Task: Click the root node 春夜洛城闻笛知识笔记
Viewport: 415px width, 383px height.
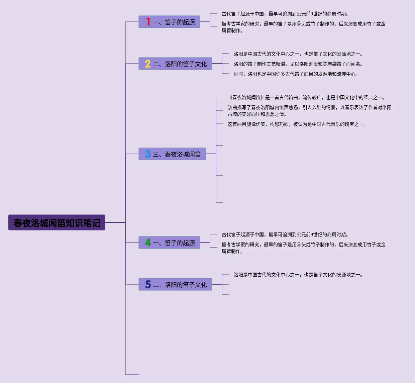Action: tap(57, 223)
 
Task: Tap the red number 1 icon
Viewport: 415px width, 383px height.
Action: tap(148, 22)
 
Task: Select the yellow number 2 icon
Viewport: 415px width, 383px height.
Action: tap(148, 64)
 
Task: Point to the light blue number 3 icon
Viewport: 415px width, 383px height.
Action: tap(148, 154)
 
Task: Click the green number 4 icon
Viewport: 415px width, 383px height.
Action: tap(148, 243)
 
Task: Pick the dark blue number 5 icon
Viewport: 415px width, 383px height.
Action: tap(148, 285)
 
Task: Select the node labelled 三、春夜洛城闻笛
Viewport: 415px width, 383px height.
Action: tap(177, 154)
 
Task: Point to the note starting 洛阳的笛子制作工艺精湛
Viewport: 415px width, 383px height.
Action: tap(298, 64)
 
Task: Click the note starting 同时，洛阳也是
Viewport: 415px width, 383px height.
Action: tap(296, 74)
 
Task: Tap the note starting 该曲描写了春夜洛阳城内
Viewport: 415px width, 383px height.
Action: tap(309, 111)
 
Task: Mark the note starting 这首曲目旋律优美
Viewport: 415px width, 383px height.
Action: tap(297, 124)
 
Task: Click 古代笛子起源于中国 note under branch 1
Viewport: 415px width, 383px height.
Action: tap(285, 14)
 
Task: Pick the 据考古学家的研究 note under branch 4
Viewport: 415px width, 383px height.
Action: tap(303, 248)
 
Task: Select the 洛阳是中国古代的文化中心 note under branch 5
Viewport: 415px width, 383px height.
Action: tap(298, 275)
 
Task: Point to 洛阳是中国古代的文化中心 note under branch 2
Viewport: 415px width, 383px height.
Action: tap(298, 54)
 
